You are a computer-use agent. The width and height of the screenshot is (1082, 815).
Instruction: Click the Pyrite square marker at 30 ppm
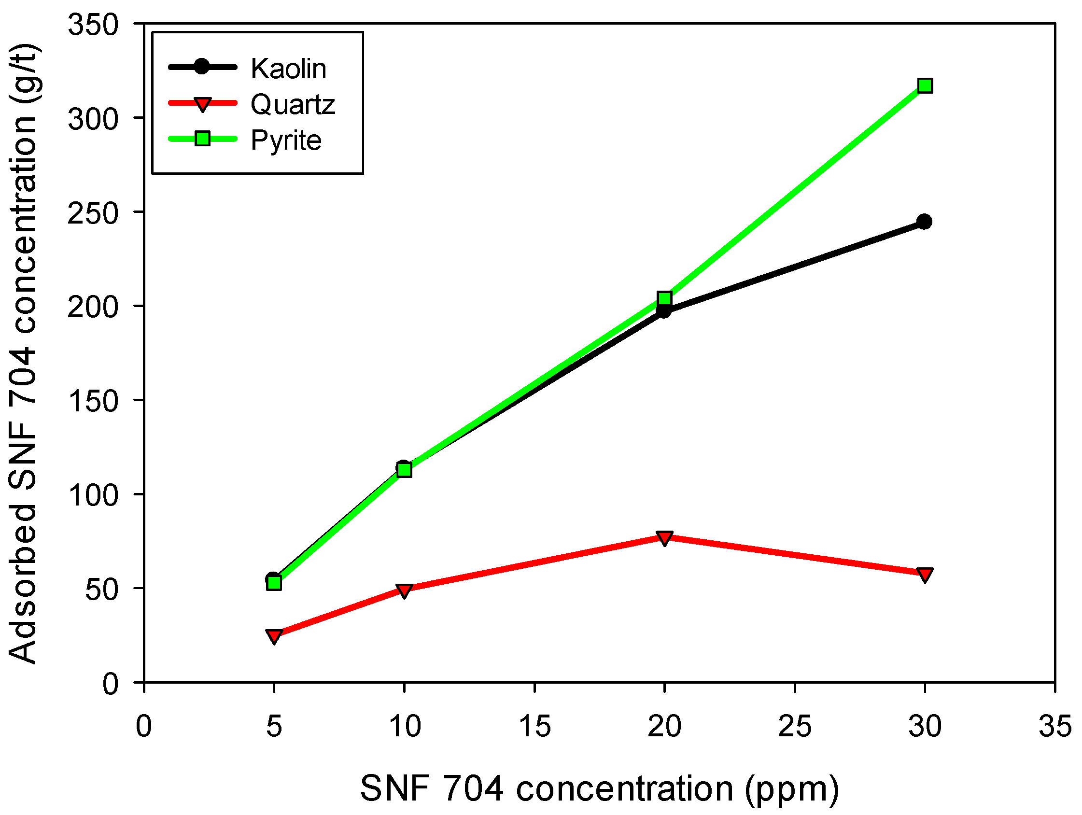925,86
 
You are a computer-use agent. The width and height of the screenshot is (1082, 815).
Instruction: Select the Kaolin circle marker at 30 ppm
924,222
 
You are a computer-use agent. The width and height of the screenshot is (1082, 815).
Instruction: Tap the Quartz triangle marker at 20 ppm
664,538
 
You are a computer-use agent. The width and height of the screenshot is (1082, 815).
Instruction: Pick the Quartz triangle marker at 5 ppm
274,635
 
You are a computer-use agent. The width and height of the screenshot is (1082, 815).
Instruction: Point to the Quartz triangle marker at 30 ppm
925,575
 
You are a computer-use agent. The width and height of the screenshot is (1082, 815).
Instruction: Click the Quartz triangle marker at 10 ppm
404,590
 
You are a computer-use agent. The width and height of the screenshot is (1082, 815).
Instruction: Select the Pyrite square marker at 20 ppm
664,298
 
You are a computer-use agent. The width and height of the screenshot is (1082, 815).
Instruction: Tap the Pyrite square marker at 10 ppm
404,470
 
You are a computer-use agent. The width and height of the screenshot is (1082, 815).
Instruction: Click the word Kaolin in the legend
288,69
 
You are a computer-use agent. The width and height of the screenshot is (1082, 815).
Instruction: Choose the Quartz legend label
293,105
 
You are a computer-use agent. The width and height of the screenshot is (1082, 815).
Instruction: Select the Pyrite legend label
286,141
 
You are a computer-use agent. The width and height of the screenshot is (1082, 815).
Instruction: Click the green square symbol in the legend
202,139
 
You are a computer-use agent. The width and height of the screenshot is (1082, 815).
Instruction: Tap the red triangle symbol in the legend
202,104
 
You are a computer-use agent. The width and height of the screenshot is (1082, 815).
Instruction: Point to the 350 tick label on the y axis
93,25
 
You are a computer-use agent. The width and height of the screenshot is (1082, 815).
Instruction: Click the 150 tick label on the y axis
93,401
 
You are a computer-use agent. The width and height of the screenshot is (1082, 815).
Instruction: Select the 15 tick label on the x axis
534,726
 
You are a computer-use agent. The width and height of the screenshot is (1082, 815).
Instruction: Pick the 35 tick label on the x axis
1054,726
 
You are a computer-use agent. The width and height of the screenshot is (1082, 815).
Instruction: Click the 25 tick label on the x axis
794,726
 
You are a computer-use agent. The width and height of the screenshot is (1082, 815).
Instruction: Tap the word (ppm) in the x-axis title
792,789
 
